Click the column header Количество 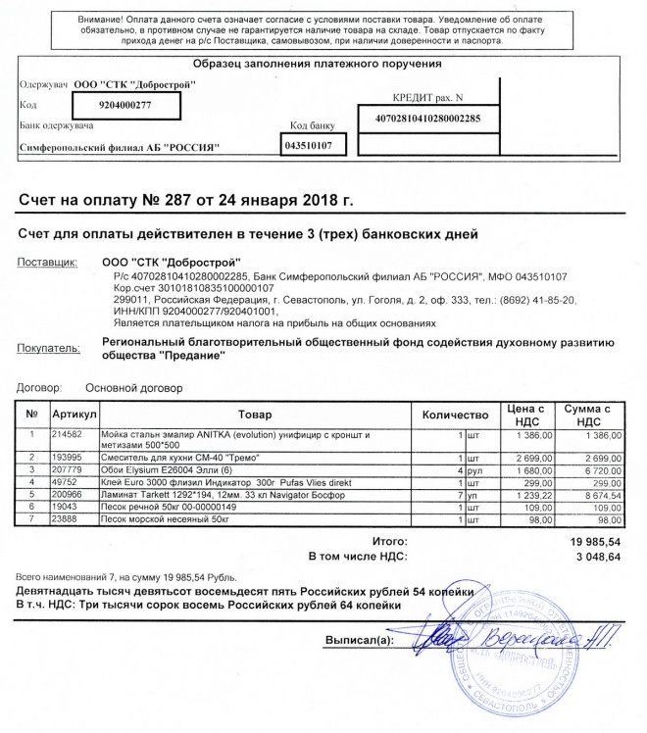click(x=454, y=415)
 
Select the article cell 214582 click(x=68, y=433)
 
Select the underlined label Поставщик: click(x=47, y=264)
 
